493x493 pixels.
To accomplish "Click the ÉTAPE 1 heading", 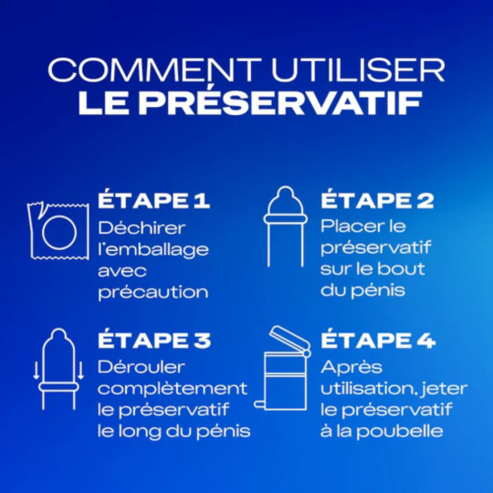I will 152,200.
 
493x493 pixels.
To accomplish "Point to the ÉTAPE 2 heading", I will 377,200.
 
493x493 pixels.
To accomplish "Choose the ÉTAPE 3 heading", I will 153,341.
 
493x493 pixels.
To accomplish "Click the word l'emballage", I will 152,248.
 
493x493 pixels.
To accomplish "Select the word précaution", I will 152,292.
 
